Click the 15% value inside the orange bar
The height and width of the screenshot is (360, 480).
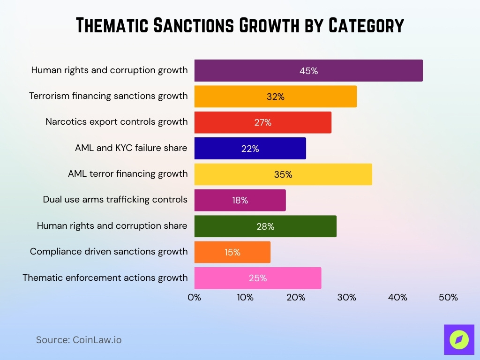tap(232, 252)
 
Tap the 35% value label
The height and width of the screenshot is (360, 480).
tap(283, 174)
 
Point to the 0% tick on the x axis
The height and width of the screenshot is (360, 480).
tap(194, 297)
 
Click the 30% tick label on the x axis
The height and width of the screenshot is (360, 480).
tap(347, 297)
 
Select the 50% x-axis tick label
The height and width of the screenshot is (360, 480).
tap(448, 297)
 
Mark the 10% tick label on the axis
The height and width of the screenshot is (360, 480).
tap(245, 297)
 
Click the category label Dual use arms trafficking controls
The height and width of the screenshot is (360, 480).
tap(115, 200)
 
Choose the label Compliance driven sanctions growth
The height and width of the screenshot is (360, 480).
tap(109, 252)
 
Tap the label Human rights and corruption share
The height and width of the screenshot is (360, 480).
tap(112, 226)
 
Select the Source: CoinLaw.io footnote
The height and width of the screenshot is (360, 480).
tap(79, 340)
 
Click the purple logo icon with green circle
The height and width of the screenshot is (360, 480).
tap(459, 339)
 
